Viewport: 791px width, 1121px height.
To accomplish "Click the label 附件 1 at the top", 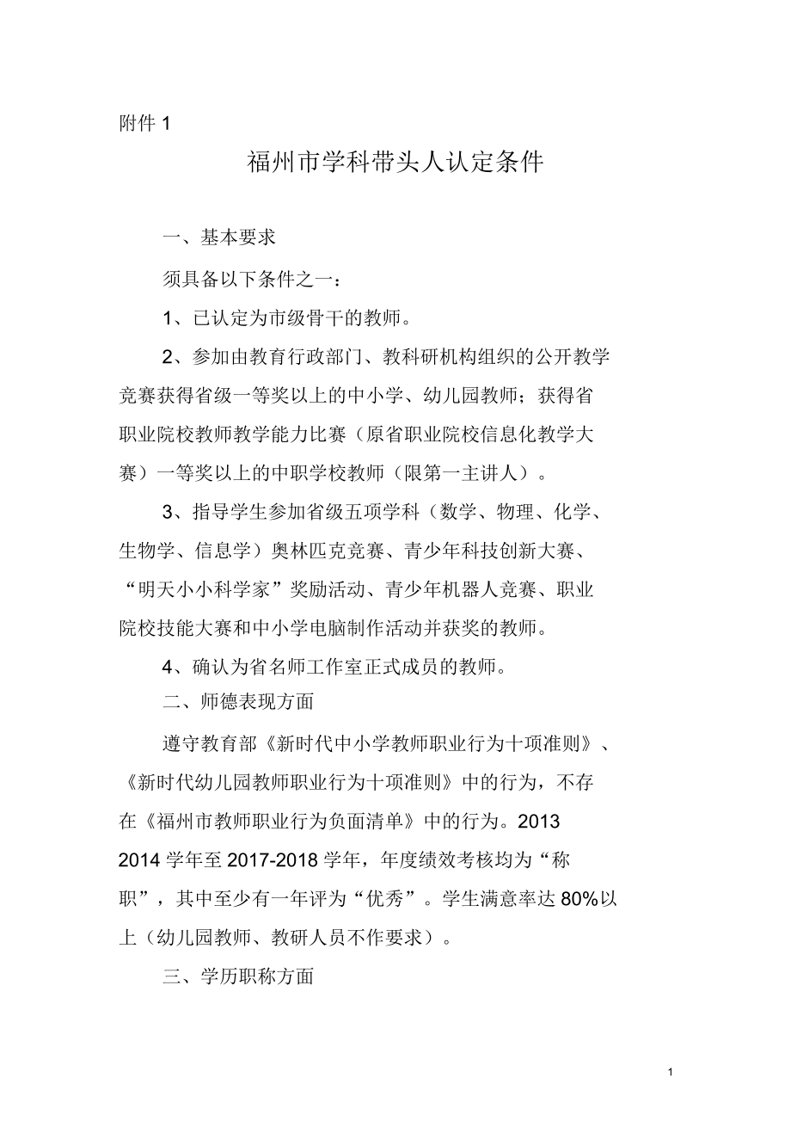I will pyautogui.click(x=144, y=124).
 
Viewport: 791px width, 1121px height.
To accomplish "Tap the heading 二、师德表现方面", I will pyautogui.click(x=238, y=701).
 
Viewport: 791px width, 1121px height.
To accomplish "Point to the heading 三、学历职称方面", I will pyautogui.click(x=238, y=976).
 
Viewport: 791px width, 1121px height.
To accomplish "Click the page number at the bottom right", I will pyautogui.click(x=670, y=1072).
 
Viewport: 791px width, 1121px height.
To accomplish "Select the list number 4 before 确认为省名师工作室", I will pyautogui.click(x=169, y=667).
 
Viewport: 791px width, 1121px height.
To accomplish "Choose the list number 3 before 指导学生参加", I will pyautogui.click(x=169, y=514).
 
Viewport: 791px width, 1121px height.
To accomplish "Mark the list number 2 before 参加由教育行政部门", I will pyautogui.click(x=169, y=355).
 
